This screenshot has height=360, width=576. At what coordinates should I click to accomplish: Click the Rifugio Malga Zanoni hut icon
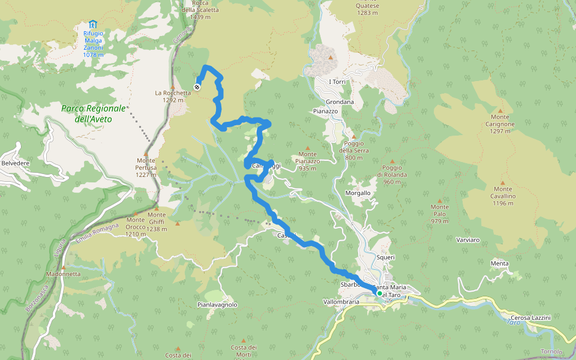[x=92, y=24]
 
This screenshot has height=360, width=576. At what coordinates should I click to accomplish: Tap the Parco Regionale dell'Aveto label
[x=93, y=113]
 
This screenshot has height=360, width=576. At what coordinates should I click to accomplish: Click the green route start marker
[x=380, y=293]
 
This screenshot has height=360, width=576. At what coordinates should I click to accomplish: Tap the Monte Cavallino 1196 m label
[x=503, y=196]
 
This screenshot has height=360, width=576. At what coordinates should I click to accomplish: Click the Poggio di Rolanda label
[x=392, y=175]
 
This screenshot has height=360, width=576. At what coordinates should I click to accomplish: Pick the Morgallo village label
[x=358, y=193]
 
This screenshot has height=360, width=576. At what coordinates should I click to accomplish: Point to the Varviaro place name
[x=467, y=240]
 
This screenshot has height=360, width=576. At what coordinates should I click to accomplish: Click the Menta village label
[x=499, y=263]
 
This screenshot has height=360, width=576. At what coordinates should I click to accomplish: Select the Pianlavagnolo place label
[x=217, y=305]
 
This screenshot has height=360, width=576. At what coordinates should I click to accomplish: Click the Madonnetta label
[x=62, y=274]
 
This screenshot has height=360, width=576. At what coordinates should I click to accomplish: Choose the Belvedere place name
[x=16, y=163]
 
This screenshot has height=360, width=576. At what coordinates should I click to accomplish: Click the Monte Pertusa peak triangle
[x=146, y=154]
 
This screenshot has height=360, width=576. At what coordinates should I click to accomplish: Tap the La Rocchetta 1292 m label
[x=172, y=96]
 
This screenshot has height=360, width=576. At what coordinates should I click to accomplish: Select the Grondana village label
[x=340, y=102]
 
